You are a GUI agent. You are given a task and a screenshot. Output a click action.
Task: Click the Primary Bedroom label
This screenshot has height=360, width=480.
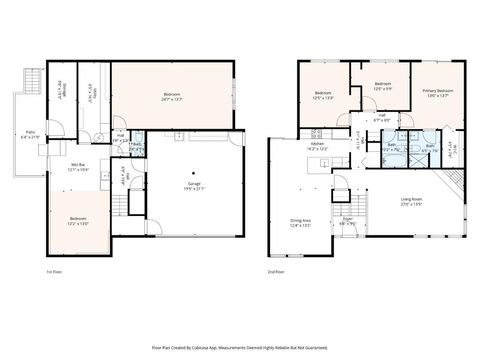[x=438, y=92]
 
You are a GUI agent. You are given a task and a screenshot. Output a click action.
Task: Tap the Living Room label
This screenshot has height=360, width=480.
[x=411, y=201]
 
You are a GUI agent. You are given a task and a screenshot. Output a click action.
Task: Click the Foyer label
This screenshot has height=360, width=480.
[x=348, y=220]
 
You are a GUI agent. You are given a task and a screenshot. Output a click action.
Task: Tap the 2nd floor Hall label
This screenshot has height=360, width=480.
[x=383, y=117]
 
